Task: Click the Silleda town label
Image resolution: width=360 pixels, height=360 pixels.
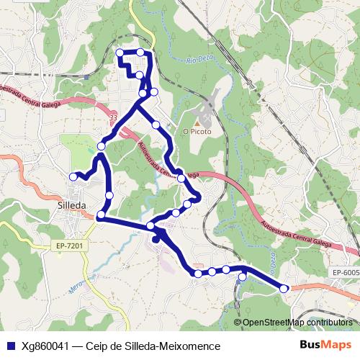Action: point(71,204)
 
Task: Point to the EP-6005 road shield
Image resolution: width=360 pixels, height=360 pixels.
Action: point(346,272)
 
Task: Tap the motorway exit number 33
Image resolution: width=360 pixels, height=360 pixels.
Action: point(113,115)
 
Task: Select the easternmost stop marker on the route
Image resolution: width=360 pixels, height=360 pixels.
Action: point(284,288)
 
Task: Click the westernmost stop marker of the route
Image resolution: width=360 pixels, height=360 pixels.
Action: point(73,176)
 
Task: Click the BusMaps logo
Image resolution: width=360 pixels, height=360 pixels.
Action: point(326,345)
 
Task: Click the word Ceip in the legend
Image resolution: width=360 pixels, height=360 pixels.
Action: point(96,346)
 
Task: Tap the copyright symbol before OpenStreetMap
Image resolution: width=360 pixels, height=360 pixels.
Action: point(238,323)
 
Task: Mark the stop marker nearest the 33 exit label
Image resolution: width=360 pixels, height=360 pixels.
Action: point(102,146)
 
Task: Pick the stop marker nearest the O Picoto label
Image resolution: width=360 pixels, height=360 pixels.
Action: point(156,125)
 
